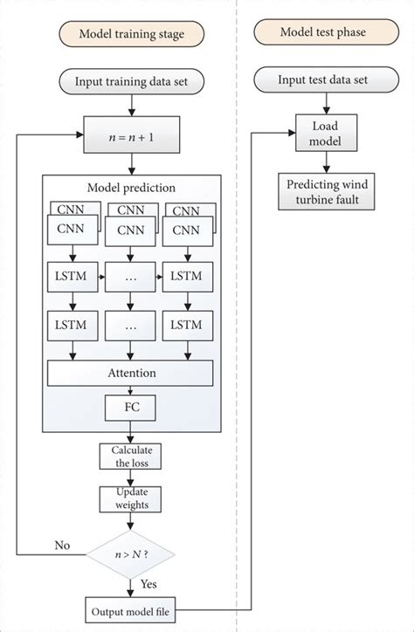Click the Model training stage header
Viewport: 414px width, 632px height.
pos(131,35)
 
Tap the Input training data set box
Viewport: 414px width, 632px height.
pos(131,83)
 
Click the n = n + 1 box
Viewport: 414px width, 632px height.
pos(131,136)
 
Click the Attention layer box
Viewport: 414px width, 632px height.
pos(131,373)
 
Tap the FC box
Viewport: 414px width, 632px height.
pos(131,407)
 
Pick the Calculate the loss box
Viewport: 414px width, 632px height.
pos(131,456)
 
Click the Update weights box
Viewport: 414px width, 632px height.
pos(131,498)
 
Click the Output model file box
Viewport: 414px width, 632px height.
pos(131,608)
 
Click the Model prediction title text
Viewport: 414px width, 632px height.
pos(131,189)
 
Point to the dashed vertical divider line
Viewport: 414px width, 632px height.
pos(237,349)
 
